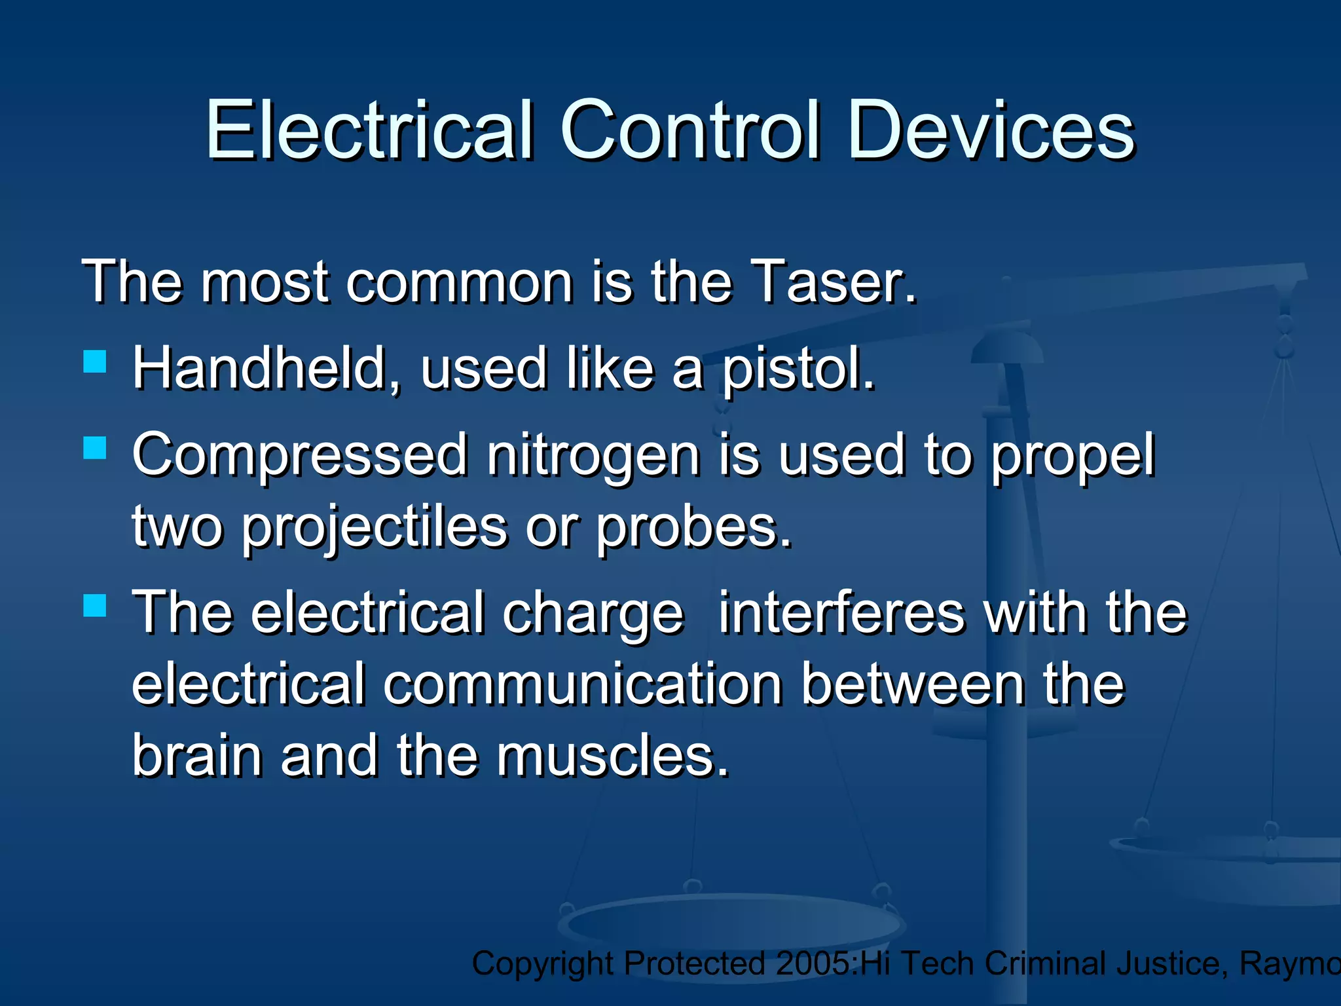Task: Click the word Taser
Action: tap(833, 282)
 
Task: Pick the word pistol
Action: tap(798, 369)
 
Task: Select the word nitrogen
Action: tap(593, 456)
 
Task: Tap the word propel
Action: tap(1073, 456)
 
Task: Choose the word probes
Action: tap(694, 528)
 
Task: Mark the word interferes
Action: tap(842, 613)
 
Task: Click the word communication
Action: tap(583, 685)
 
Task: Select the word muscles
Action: tap(613, 757)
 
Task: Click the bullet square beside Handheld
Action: tap(95, 362)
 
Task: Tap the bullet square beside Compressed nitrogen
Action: tap(95, 449)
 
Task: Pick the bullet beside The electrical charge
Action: tap(95, 606)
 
